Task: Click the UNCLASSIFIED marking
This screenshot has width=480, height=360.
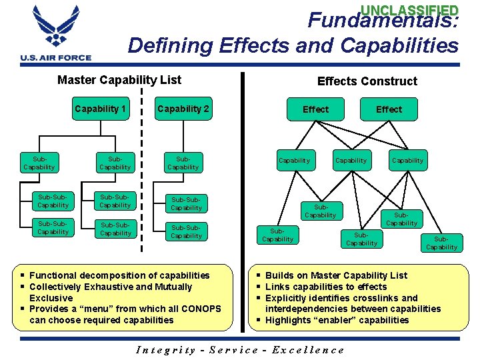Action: [409, 10]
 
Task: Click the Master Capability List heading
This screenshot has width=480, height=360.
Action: [119, 81]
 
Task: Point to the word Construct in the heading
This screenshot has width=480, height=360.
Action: [391, 81]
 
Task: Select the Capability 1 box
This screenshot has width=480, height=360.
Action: [101, 109]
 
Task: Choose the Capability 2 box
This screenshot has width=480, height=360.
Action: [183, 109]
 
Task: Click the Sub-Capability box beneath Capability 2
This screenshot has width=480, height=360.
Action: [183, 163]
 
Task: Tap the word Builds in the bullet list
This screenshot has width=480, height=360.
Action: [280, 275]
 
